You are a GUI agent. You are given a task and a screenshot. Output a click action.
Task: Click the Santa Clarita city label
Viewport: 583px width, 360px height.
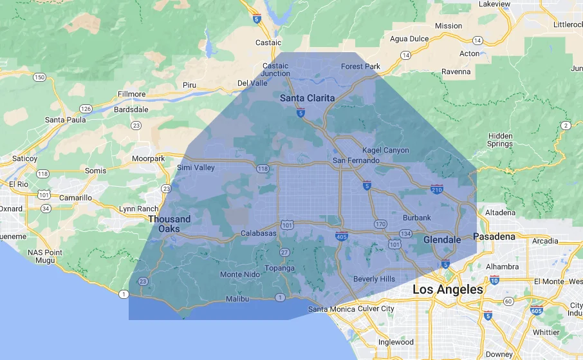click(308, 98)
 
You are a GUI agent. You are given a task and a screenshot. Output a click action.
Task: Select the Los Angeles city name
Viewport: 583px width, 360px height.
click(447, 290)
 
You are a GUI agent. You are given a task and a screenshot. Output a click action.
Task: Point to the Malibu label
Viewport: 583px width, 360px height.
click(237, 299)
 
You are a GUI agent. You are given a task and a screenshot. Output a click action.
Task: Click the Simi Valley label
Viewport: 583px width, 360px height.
click(196, 167)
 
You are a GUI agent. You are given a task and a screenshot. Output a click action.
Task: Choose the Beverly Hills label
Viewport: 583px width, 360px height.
click(374, 279)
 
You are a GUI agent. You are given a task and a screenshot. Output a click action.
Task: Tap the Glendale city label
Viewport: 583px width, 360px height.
click(442, 240)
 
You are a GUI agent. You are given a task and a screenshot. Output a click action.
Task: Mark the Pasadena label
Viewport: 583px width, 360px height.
click(495, 236)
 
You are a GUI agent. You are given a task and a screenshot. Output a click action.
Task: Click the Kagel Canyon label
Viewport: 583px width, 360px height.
click(385, 150)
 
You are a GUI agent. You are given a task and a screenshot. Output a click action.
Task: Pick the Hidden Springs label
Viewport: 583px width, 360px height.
click(500, 140)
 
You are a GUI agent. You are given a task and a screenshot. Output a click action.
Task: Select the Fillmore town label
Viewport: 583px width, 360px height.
click(131, 94)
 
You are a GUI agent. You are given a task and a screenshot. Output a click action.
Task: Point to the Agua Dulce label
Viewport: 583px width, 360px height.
click(409, 39)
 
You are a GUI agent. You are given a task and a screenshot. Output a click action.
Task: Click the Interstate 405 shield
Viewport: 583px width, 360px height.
click(342, 236)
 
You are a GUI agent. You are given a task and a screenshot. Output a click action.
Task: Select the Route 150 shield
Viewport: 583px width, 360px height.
click(40, 77)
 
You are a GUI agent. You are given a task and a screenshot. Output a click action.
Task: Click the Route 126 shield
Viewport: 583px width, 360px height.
click(86, 108)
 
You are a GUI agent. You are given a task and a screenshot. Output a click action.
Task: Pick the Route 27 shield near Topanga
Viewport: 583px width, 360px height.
click(284, 252)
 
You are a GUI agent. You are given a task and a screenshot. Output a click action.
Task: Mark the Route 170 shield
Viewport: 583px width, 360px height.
click(380, 224)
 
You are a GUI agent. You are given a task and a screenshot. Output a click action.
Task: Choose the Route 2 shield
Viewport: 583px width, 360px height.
click(565, 125)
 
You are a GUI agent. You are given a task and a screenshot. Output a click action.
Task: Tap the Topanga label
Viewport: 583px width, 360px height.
click(279, 268)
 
